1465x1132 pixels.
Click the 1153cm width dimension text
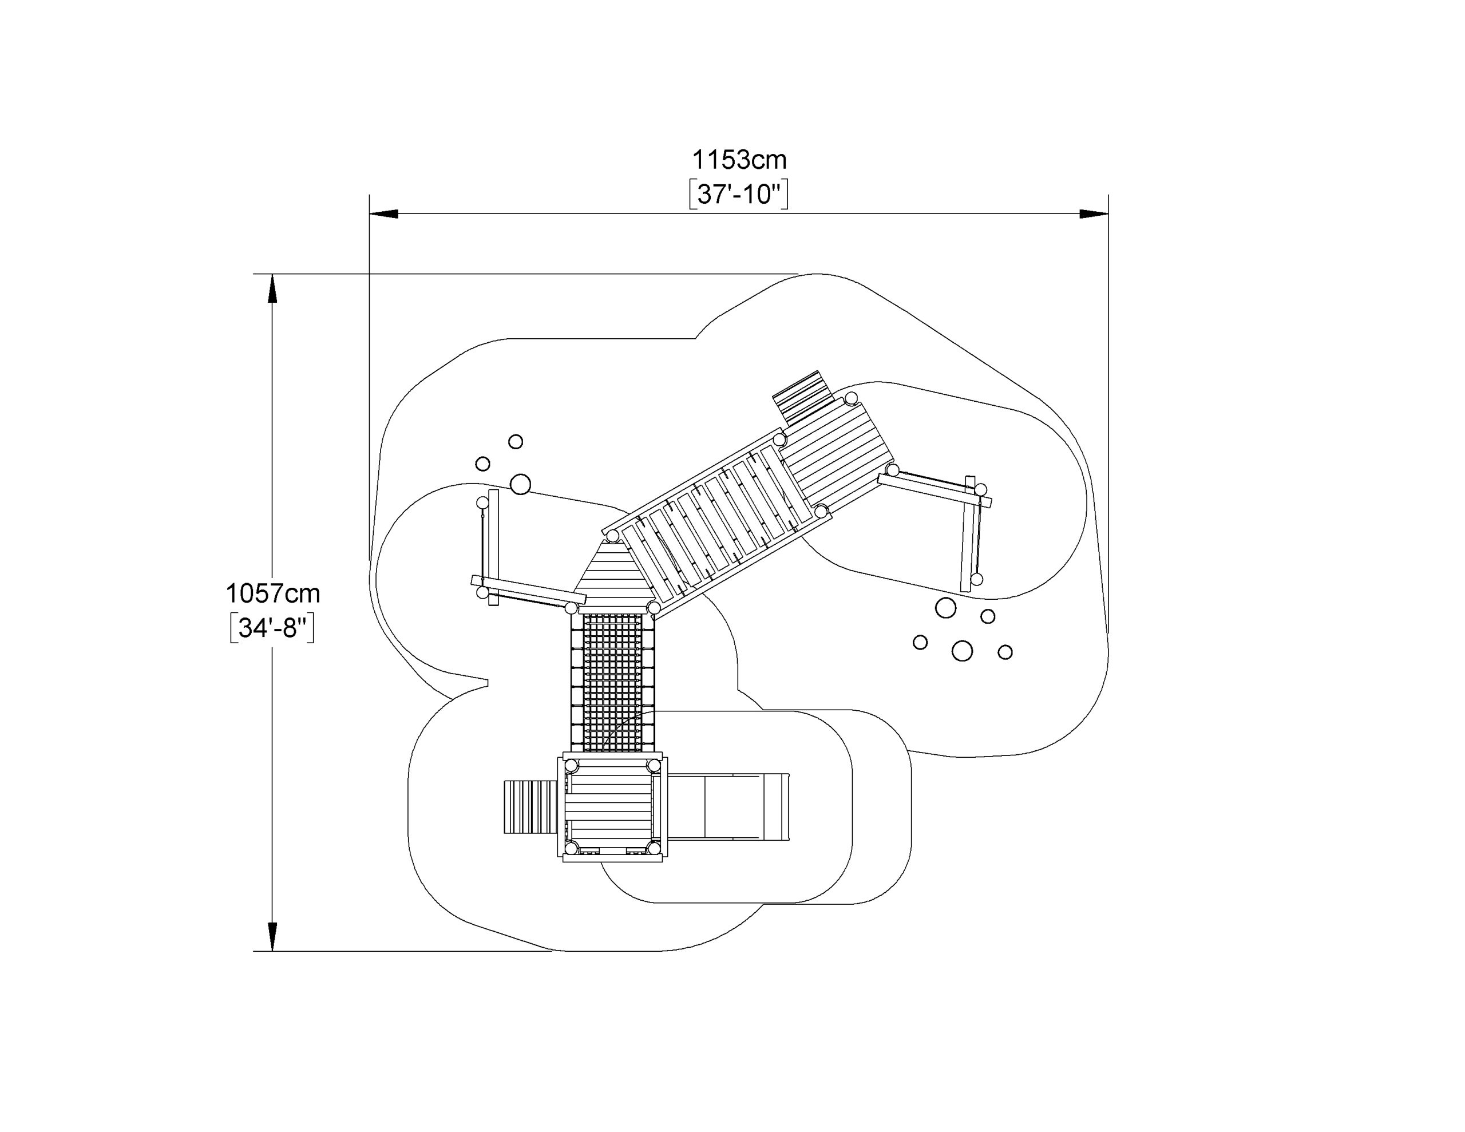[739, 160]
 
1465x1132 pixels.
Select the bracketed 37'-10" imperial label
[739, 195]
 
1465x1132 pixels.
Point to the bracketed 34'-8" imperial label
[272, 629]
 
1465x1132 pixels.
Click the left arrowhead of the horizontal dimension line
[383, 214]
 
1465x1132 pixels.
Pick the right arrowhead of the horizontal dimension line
[1094, 214]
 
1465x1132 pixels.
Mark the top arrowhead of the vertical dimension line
[272, 288]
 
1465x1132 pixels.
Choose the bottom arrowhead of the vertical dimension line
[272, 937]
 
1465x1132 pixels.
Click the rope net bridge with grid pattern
[612, 683]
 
